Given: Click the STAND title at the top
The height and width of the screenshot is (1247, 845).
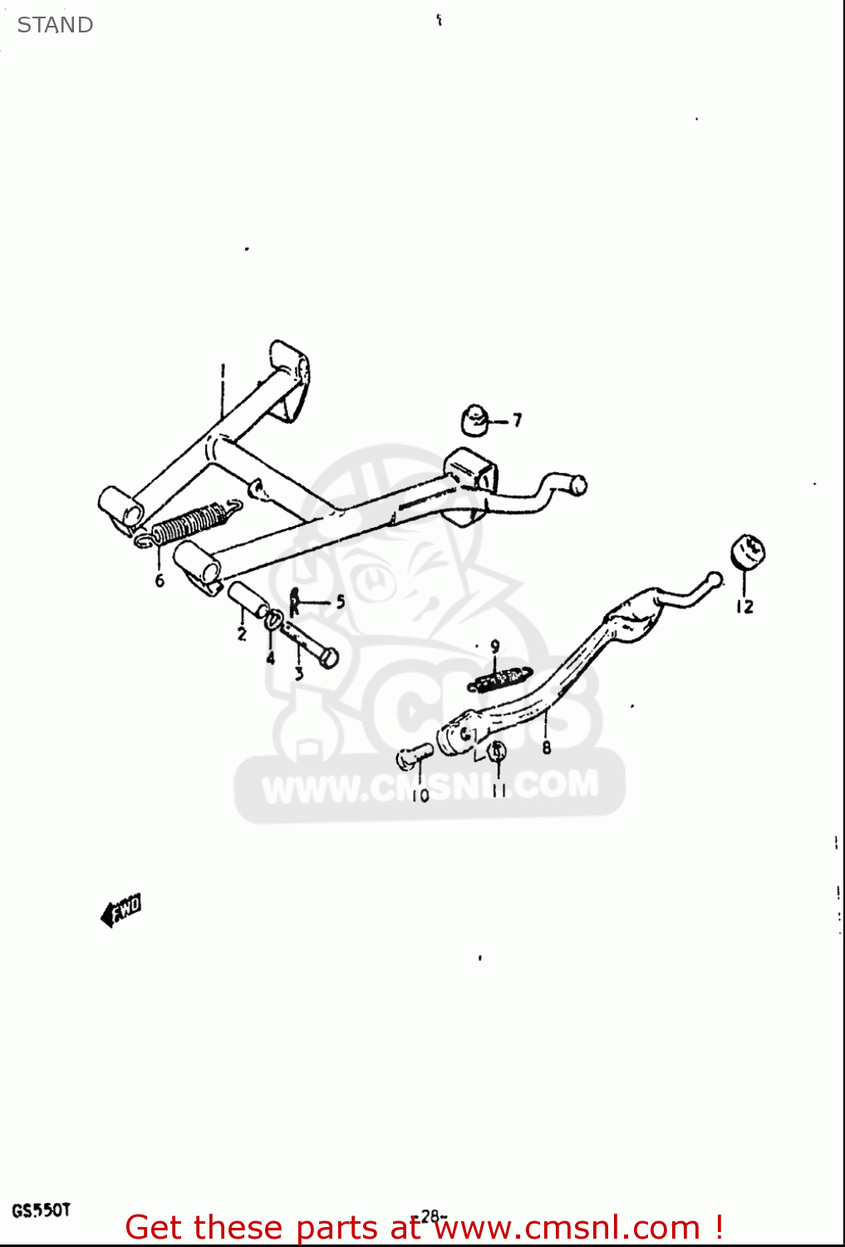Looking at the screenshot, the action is tap(55, 25).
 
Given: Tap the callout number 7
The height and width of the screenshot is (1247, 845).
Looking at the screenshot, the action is tap(517, 421).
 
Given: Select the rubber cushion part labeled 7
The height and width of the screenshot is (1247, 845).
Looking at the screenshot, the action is tap(475, 420).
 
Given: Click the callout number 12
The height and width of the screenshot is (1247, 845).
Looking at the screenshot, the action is tap(744, 607).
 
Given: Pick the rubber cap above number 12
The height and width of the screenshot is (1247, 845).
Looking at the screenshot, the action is tap(747, 552).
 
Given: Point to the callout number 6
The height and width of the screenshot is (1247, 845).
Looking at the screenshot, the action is tap(160, 580).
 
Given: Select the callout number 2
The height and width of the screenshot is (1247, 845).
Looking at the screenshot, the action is tap(242, 634).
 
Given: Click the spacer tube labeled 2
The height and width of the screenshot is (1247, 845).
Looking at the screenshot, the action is tap(248, 600).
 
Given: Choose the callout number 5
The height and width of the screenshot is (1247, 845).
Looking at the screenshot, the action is tap(340, 602).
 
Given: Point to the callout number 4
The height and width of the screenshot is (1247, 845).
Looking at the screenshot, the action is tap(271, 658).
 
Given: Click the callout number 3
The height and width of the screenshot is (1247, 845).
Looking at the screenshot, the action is tap(299, 673).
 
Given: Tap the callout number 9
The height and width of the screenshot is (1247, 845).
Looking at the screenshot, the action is tap(495, 646).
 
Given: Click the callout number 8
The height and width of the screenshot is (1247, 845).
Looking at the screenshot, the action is tap(547, 747).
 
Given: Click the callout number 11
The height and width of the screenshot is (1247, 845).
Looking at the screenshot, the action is tap(499, 791).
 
